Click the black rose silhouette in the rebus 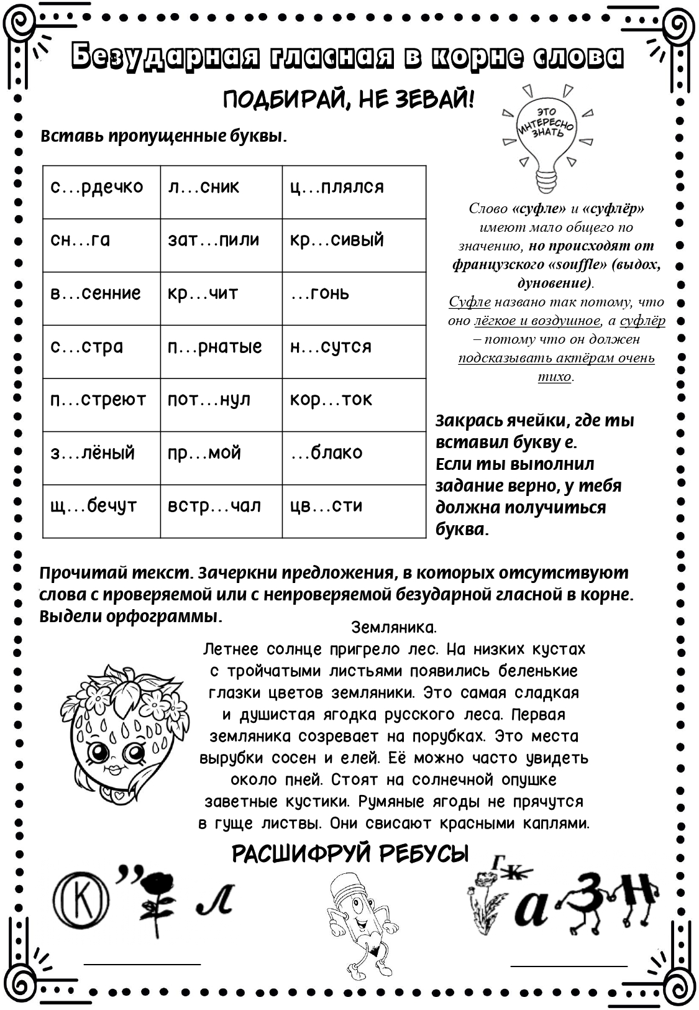(159, 901)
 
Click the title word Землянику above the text (394, 627)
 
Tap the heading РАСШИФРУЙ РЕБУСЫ (350, 855)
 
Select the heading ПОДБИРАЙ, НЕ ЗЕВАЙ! (349, 100)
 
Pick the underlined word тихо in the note (554, 377)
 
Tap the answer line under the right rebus (569, 966)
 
